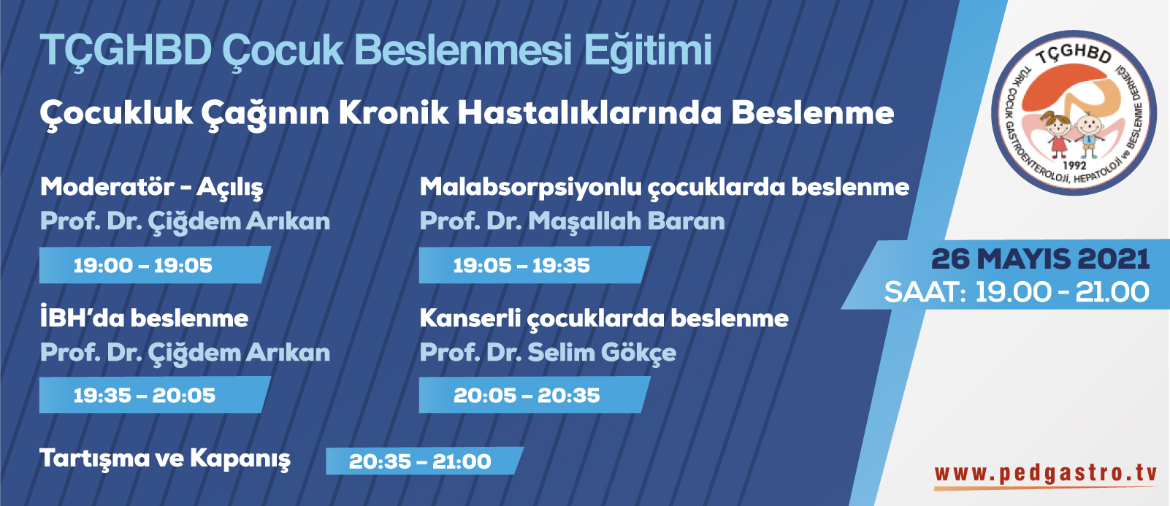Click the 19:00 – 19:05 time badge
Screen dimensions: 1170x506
(155, 265)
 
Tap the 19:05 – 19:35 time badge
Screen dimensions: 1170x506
(535, 265)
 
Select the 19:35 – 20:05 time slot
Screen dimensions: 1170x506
(155, 395)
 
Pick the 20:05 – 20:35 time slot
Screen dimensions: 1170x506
(535, 395)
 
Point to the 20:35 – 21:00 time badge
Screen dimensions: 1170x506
(424, 461)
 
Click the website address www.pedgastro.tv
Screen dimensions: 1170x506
(1046, 474)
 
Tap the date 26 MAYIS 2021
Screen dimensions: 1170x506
(1041, 259)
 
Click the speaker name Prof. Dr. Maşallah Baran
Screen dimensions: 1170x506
(573, 221)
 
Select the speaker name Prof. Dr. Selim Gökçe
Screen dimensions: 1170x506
(548, 353)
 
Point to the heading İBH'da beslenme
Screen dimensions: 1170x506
(144, 318)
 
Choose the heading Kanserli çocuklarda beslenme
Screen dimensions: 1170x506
(604, 318)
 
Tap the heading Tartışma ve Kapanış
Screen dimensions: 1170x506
(165, 459)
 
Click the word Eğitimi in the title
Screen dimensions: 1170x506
(648, 50)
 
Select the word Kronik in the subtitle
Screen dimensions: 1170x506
(394, 113)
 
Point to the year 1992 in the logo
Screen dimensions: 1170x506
(1074, 166)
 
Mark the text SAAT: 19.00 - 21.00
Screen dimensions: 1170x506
(1017, 292)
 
